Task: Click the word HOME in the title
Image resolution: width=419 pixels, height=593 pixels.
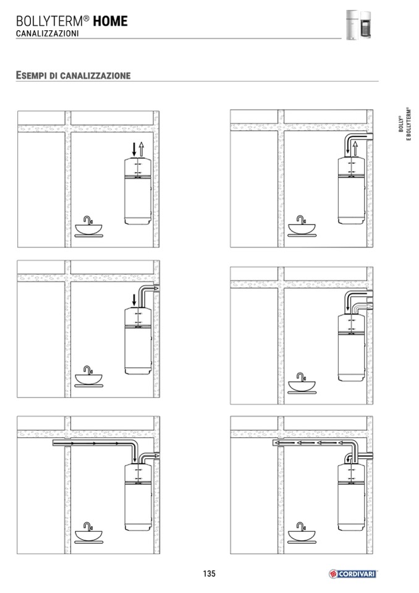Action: [x=111, y=21]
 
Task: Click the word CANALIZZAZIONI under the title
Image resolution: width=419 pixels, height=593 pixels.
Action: [x=47, y=33]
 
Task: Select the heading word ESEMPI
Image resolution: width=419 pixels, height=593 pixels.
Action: [x=31, y=75]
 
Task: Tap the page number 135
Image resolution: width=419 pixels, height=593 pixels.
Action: [x=209, y=573]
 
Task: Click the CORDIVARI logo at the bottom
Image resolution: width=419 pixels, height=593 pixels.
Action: [x=352, y=574]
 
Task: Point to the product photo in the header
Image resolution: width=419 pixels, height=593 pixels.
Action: [x=358, y=25]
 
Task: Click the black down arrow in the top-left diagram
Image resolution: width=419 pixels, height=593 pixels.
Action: [x=133, y=150]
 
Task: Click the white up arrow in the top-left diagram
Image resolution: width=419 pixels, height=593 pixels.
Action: [x=141, y=150]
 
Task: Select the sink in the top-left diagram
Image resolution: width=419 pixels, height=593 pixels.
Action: [x=88, y=227]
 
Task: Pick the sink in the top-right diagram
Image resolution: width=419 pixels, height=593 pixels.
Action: [x=302, y=226]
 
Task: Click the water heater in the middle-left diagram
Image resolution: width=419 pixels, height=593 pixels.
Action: [x=138, y=341]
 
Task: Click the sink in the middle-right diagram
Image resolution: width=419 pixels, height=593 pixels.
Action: [x=302, y=383]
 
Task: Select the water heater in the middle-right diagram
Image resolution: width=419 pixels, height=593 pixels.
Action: [x=352, y=347]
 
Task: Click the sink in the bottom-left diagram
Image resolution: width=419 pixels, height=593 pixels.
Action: [x=88, y=533]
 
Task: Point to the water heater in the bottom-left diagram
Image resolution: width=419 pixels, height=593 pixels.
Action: [x=138, y=497]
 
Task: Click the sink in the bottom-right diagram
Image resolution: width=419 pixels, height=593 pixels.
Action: [x=302, y=533]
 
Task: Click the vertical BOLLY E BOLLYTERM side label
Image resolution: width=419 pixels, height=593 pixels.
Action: [x=404, y=124]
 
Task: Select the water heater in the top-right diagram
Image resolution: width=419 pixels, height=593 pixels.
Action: [x=352, y=190]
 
